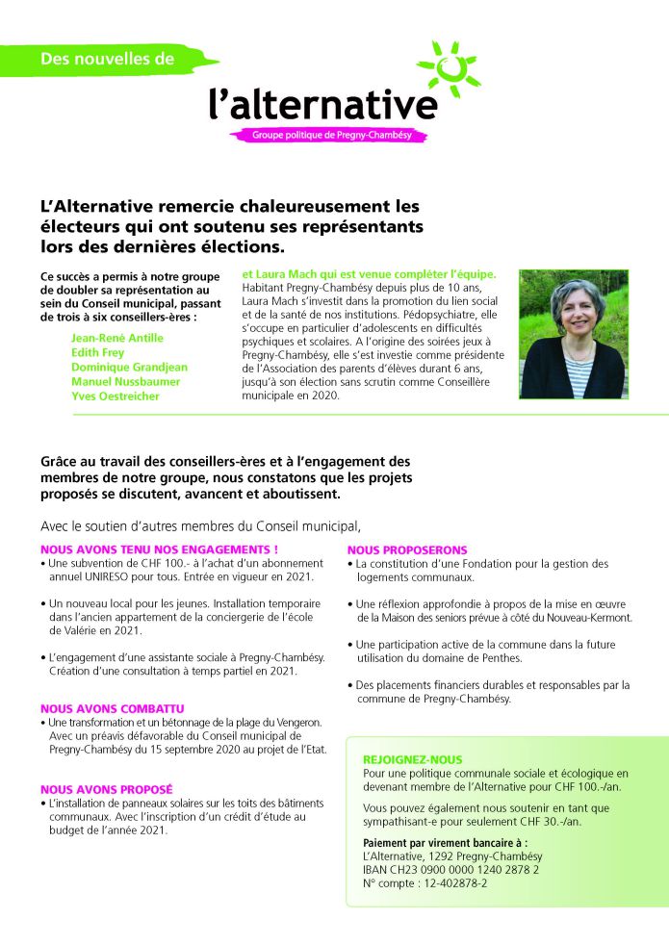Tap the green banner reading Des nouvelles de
pos(108,60)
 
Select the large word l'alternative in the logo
pos(323,103)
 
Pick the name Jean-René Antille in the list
pos(117,338)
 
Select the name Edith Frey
pos(97,352)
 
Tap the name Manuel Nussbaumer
pos(125,381)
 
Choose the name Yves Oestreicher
pos(116,396)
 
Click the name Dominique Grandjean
pos(129,367)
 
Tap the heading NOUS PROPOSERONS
pos(406,549)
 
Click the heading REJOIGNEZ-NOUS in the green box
pos(412,759)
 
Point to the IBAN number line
pos(450,869)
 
